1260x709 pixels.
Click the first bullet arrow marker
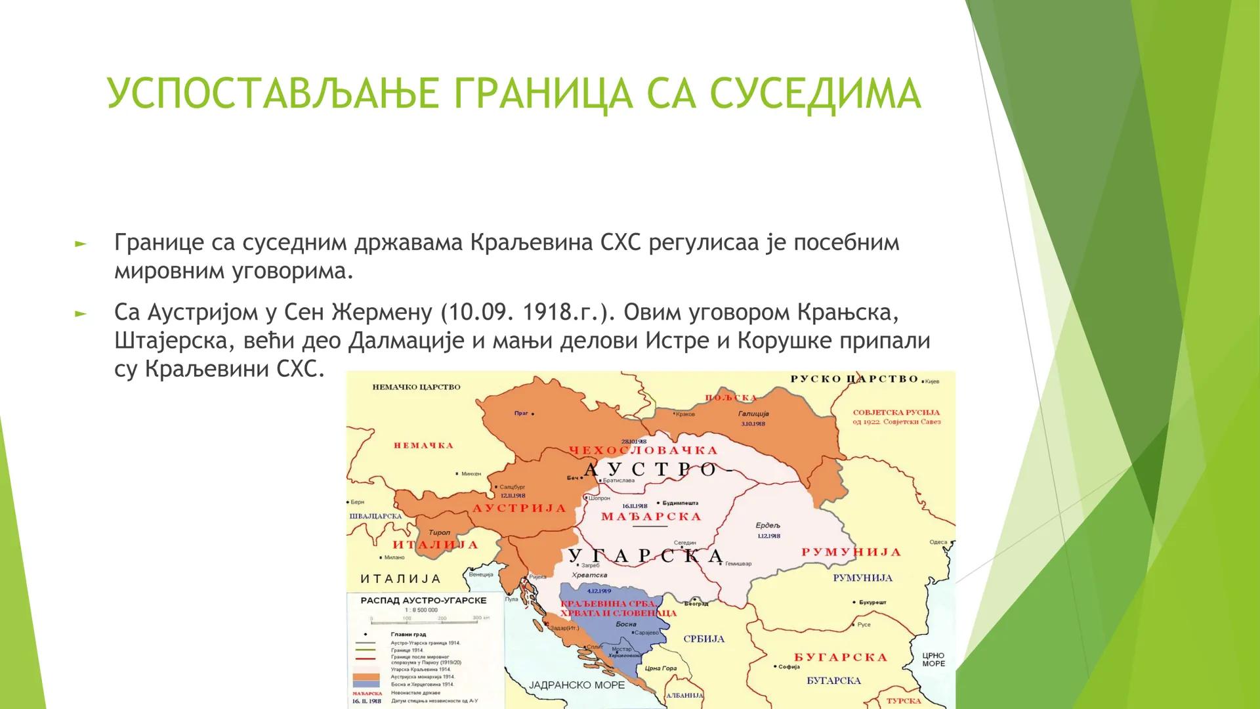click(x=81, y=244)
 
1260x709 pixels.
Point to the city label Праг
click(x=522, y=414)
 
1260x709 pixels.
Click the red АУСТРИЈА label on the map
click(x=519, y=509)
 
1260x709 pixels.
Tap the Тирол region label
click(x=438, y=533)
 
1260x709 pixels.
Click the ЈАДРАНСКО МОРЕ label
click(x=568, y=685)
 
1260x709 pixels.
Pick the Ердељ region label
click(x=768, y=526)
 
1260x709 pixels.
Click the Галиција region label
click(x=753, y=414)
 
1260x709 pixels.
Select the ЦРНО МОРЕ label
click(x=933, y=659)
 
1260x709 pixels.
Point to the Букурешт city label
click(x=873, y=602)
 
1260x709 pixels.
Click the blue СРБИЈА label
click(x=704, y=639)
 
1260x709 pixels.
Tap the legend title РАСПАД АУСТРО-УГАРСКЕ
click(x=423, y=601)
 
